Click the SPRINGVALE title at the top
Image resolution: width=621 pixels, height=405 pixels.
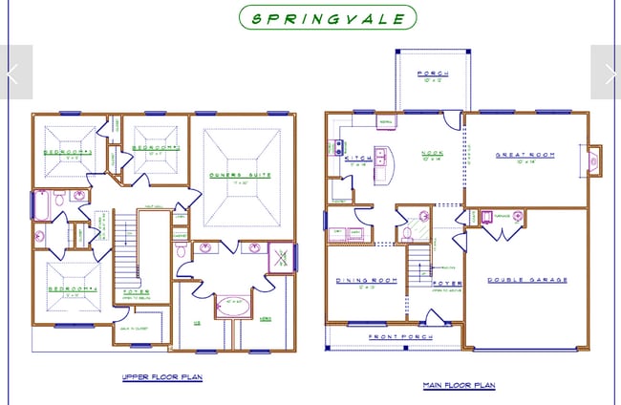coord(328,17)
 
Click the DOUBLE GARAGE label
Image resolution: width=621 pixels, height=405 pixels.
coord(527,280)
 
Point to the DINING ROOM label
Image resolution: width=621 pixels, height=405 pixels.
coord(360,280)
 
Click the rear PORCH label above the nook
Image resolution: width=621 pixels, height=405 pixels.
coord(426,74)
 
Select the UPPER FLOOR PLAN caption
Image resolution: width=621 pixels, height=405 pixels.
coord(161,377)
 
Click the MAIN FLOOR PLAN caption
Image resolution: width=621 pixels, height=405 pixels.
coord(459,386)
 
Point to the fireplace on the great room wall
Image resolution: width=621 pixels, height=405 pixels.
coord(593,161)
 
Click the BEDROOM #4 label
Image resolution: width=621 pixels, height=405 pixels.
coord(65,289)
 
